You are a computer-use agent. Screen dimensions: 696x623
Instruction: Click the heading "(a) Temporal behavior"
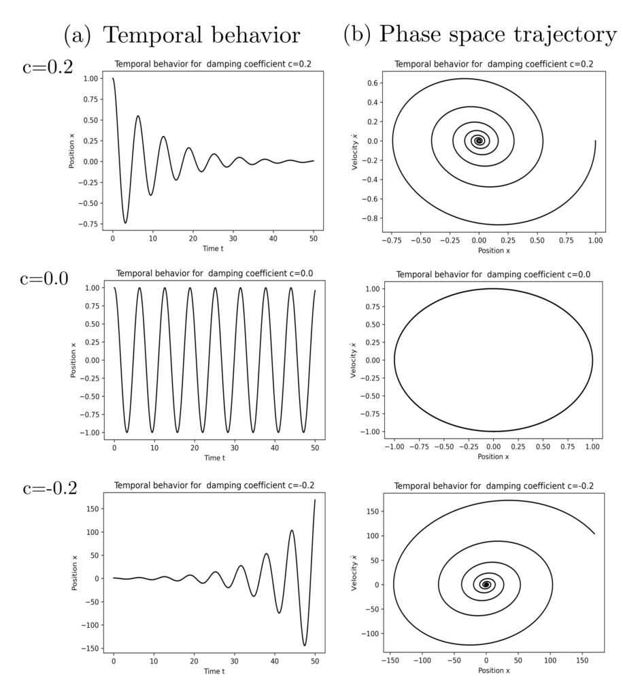181,33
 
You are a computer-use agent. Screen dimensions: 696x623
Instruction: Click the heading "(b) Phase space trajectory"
480,33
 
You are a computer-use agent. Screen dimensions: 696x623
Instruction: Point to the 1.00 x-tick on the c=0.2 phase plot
596,241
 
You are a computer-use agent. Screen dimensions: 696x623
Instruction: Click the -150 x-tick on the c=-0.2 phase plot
390,660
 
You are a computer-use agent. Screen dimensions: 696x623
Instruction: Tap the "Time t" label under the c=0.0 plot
214,458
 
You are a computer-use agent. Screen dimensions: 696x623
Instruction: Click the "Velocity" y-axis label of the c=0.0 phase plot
354,360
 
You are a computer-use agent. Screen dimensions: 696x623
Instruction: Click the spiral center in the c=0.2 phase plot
479,141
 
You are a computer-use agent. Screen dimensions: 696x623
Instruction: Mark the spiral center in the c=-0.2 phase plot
486,585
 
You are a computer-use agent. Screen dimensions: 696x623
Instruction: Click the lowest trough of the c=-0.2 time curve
305,646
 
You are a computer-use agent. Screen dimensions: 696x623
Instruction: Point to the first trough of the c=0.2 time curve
125,222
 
